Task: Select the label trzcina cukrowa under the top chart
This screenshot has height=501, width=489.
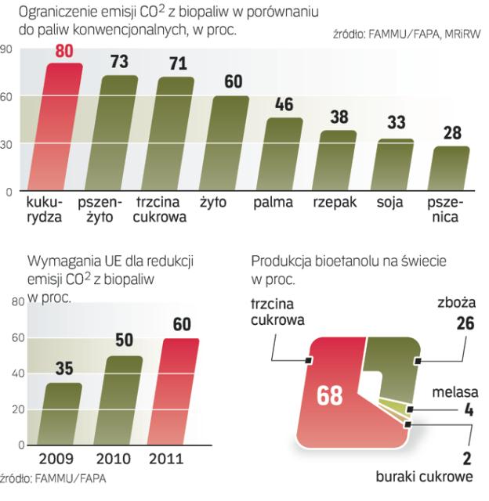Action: pos(160,210)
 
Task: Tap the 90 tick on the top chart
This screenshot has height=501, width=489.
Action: pos(6,49)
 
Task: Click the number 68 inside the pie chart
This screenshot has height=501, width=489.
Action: pos(329,396)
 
